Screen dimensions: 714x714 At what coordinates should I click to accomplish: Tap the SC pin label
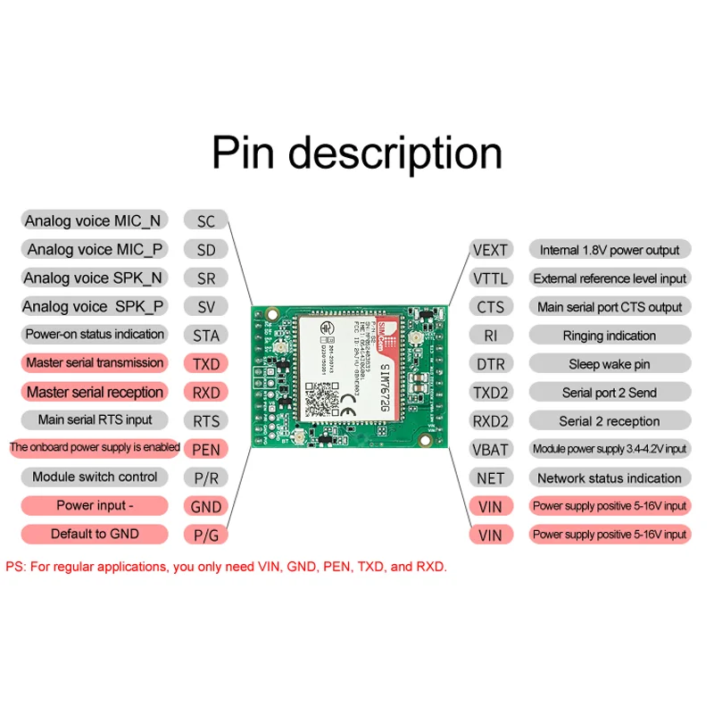click(205, 221)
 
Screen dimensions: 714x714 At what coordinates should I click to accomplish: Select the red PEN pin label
click(205, 449)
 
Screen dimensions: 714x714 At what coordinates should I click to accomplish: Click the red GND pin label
click(205, 506)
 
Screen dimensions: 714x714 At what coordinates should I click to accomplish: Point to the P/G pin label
click(205, 535)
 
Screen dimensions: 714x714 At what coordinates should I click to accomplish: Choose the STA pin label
click(205, 336)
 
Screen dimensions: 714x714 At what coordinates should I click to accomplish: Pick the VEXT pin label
click(490, 250)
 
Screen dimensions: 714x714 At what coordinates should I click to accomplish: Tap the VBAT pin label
click(490, 449)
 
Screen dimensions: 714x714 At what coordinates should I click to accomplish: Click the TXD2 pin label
click(490, 392)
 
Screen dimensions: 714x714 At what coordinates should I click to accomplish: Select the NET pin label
click(490, 477)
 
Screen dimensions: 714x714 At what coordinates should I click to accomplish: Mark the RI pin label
click(490, 336)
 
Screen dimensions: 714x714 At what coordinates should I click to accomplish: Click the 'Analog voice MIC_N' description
click(94, 220)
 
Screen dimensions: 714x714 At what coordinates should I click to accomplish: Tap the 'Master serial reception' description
click(95, 392)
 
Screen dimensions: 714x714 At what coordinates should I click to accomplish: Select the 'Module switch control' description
click(95, 477)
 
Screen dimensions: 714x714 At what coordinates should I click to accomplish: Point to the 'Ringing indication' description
click(610, 336)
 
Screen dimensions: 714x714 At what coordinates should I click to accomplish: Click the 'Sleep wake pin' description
click(610, 364)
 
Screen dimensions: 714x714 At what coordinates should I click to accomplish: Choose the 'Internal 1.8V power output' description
click(610, 250)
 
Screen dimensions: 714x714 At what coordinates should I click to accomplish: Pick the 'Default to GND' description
click(95, 534)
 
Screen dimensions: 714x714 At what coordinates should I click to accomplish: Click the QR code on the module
click(320, 398)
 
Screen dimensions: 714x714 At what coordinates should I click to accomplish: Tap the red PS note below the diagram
click(226, 567)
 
